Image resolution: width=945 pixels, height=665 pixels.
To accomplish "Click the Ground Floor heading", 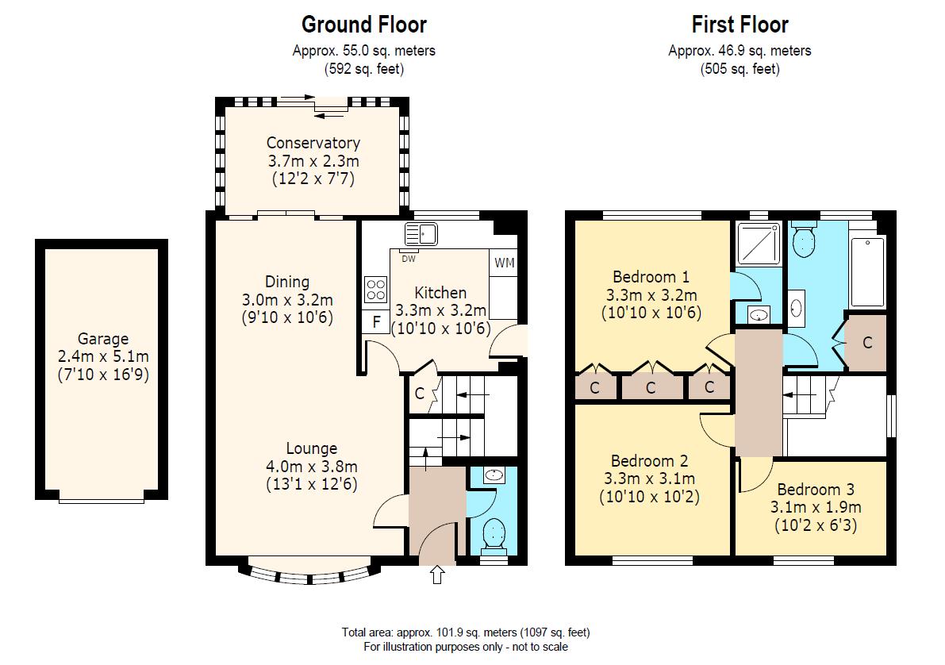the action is (364, 25).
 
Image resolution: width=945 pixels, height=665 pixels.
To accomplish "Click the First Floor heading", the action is (740, 25).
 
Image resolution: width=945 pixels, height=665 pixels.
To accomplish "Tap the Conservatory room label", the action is (313, 143).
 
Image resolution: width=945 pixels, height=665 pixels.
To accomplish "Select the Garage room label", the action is (103, 339).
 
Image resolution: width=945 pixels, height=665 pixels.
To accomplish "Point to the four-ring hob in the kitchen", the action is (375, 290).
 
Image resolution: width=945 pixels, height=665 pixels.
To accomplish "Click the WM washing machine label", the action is (505, 263).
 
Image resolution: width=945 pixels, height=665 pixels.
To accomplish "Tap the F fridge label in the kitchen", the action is (377, 322).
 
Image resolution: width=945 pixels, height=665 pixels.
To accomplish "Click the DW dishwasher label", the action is (408, 259).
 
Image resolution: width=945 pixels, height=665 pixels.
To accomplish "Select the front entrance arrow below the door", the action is (437, 575).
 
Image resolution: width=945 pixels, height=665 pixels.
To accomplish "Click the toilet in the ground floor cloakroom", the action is (494, 534).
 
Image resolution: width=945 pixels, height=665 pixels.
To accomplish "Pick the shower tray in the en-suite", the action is (759, 243).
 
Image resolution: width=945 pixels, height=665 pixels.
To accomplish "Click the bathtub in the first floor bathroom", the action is (868, 272).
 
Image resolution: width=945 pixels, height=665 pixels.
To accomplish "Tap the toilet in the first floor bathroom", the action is (804, 240).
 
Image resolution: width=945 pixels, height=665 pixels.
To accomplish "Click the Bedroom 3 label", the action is (816, 489).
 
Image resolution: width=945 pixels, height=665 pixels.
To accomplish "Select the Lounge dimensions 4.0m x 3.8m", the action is (312, 467).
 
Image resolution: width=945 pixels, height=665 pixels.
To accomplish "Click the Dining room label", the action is (287, 282).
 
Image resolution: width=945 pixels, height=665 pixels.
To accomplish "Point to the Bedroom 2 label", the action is (649, 460).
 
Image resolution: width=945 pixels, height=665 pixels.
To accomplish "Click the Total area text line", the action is (465, 632).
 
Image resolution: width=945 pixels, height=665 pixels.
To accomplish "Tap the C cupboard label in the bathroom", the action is (867, 343).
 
